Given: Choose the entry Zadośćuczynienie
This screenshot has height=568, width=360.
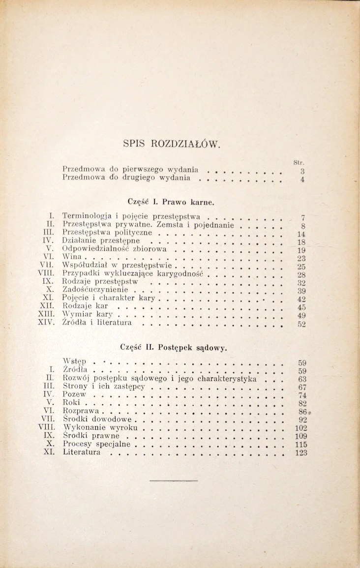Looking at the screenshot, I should [x=96, y=290].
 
